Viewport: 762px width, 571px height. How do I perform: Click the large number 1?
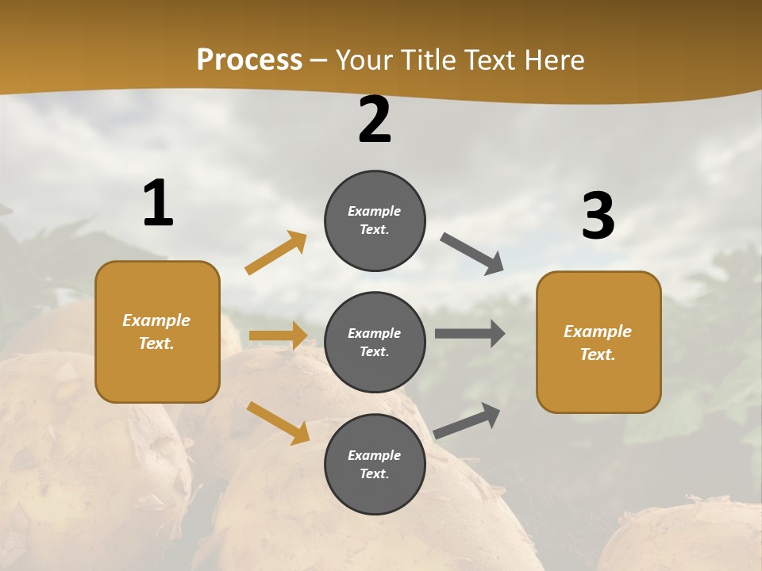158,203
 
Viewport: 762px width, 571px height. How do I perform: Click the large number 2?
375,120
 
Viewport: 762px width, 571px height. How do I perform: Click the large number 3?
598,217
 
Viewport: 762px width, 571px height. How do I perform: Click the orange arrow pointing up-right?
276,253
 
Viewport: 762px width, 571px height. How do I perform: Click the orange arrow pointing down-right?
278,423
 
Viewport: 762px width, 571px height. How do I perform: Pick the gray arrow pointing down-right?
472,254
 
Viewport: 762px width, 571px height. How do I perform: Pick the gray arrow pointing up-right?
468,420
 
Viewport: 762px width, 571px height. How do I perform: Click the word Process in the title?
249,59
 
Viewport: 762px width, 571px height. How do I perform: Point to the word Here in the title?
554,59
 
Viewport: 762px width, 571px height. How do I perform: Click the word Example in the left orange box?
156,320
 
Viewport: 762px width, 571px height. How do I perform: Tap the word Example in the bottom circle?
375,455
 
